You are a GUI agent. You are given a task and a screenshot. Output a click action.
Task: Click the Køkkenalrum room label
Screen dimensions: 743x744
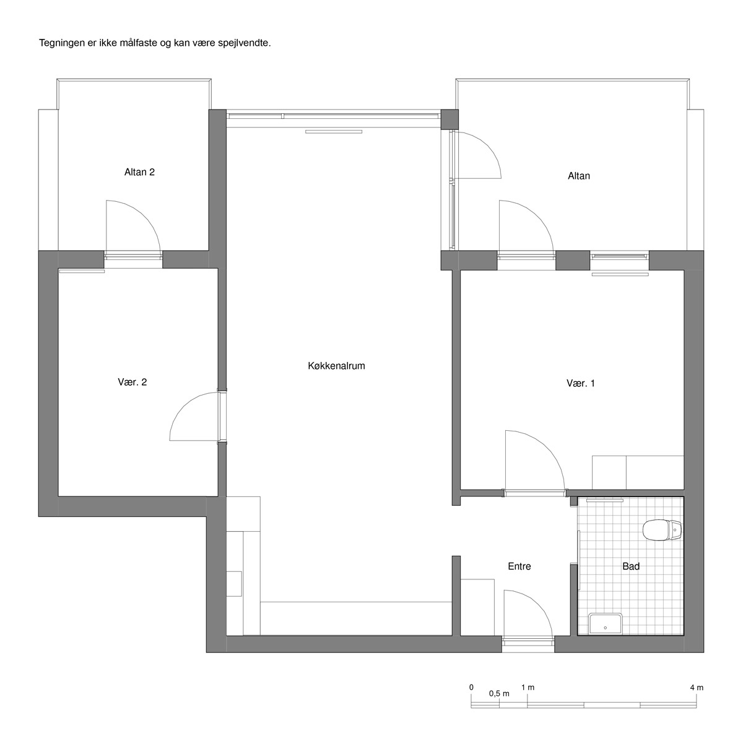coord(336,366)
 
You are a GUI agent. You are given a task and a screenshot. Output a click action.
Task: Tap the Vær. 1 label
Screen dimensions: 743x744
coord(580,383)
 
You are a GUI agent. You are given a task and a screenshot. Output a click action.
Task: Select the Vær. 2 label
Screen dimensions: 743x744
coord(132,382)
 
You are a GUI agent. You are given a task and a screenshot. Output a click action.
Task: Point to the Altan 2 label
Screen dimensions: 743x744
coord(139,172)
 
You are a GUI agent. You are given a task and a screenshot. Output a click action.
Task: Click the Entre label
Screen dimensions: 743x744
coord(519,566)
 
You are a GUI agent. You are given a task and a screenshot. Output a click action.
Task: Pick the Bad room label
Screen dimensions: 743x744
coord(631,566)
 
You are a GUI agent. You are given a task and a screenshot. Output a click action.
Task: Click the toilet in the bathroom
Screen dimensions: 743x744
coord(662,530)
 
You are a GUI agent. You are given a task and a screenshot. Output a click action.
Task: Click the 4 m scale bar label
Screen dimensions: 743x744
coord(697,687)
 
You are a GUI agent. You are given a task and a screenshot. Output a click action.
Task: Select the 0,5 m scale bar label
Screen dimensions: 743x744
coord(499,693)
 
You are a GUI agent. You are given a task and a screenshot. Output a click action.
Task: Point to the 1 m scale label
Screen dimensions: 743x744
coord(528,687)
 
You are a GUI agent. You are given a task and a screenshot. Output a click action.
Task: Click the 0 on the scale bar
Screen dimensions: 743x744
coord(471,687)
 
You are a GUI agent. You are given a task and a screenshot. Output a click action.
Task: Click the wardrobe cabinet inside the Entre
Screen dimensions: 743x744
coord(477,607)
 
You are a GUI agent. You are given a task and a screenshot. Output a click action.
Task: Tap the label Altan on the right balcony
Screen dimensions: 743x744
coord(579,176)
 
